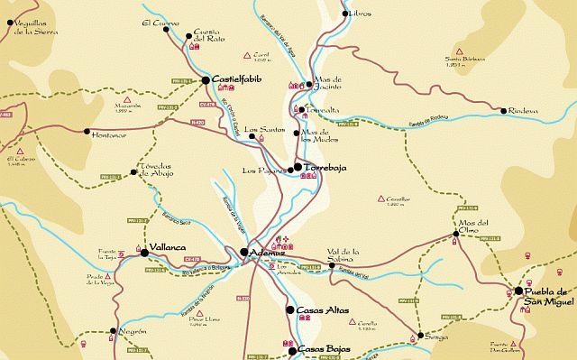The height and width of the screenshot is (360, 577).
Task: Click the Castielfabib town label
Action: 242,80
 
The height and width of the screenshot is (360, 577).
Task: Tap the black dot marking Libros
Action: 344,14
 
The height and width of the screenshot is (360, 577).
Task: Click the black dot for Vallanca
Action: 143,253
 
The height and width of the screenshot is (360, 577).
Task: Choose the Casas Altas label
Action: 323,309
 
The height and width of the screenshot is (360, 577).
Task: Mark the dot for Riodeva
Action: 503,111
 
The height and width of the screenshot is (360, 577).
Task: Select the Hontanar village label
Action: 111,134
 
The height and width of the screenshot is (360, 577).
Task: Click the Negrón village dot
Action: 114,332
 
